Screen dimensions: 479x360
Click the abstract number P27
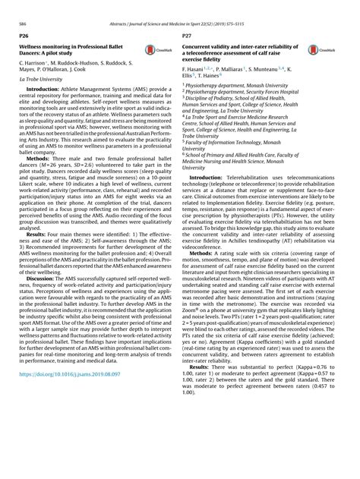point(188,36)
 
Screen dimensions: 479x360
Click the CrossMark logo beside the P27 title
point(314,51)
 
